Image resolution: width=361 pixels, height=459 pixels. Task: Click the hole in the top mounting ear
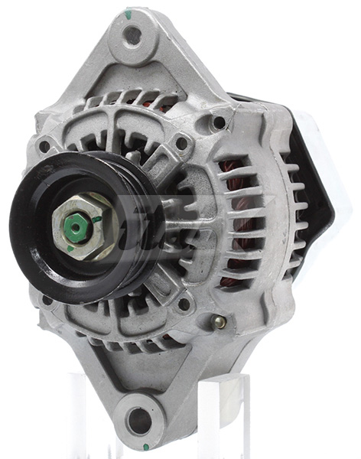click(x=132, y=35)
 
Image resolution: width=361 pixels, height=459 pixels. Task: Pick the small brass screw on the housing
click(x=220, y=321)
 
